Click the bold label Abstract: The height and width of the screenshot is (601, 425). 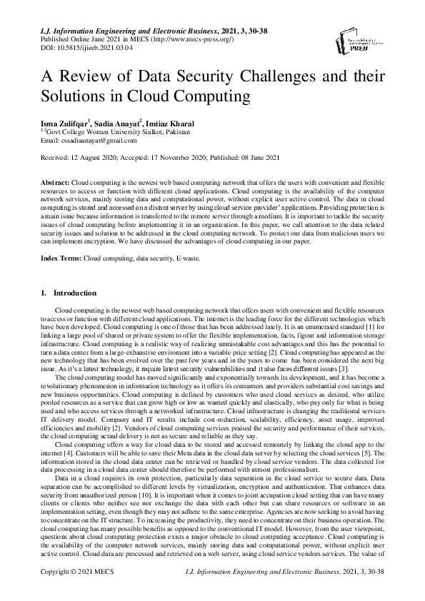[x=56, y=183]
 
